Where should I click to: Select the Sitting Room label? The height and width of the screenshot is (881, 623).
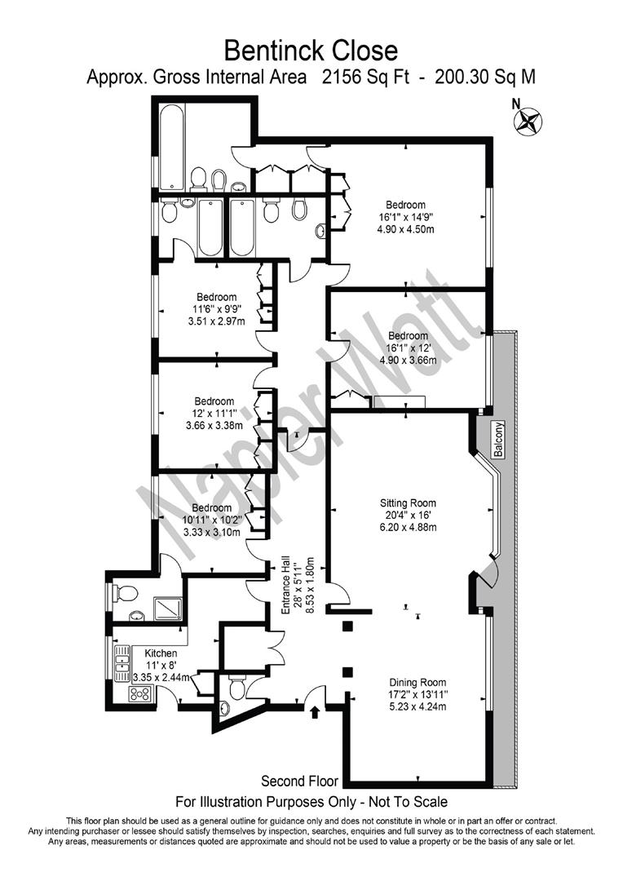click(x=408, y=502)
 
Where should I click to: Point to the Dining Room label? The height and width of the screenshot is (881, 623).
click(x=418, y=683)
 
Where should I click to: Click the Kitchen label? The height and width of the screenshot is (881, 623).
click(x=161, y=653)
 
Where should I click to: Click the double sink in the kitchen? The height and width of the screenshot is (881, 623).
click(x=122, y=663)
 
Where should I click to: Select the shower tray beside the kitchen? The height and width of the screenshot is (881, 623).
click(x=168, y=609)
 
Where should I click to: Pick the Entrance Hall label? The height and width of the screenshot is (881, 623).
click(x=285, y=584)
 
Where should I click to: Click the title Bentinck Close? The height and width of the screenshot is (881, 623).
click(x=311, y=51)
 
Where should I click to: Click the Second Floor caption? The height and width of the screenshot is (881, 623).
click(x=300, y=781)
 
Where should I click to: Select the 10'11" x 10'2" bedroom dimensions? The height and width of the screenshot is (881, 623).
click(x=211, y=520)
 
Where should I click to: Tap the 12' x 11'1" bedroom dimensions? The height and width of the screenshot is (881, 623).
click(x=214, y=413)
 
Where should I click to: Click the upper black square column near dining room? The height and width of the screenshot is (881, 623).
click(x=347, y=626)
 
